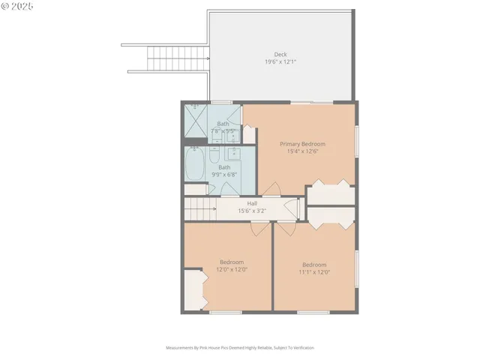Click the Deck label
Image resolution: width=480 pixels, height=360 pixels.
[280, 54]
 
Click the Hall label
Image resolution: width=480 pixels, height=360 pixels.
[252, 203]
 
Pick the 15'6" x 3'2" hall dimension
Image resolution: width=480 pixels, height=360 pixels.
[252, 211]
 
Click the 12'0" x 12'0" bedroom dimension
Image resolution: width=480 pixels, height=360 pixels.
[232, 268]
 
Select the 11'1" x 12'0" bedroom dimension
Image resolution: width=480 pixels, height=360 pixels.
[314, 271]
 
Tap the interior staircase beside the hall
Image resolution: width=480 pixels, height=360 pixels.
[200, 208]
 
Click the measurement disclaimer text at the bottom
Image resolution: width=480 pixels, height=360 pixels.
[240, 348]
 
